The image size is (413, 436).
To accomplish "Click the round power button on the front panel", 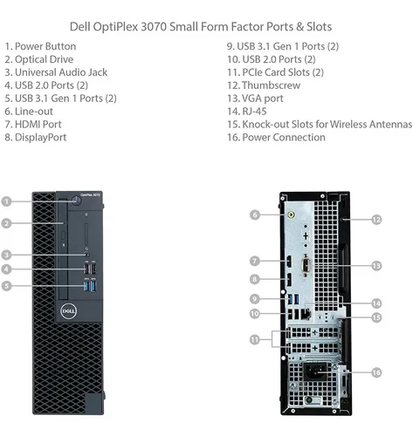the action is tap(76, 201).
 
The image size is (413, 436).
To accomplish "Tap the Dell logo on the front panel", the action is tap(69, 311).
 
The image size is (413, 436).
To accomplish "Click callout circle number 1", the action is tap(6, 201).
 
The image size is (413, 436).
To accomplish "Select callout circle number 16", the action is tap(376, 372).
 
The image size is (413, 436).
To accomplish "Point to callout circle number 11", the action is tap(255, 339).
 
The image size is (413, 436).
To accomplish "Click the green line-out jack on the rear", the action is tap(291, 215).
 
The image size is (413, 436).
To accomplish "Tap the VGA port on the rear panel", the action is tap(306, 265).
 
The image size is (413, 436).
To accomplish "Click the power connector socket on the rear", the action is tap(316, 371).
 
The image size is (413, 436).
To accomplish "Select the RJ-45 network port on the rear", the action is tap(306, 314).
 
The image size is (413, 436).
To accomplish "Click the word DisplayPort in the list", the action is tap(40, 138).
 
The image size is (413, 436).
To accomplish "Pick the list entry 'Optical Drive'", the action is tap(44, 59).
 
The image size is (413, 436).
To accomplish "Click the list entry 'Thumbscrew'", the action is tap(271, 85).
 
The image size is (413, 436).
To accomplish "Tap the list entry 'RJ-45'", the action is tap(254, 112).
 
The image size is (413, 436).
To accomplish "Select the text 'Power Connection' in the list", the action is tap(284, 138).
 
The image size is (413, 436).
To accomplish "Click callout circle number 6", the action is tap(255, 215).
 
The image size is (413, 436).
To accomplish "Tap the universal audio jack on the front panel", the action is tap(86, 255).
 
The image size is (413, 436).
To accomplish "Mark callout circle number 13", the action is tap(376, 265).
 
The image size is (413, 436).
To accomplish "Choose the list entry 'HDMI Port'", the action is tap(38, 125).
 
